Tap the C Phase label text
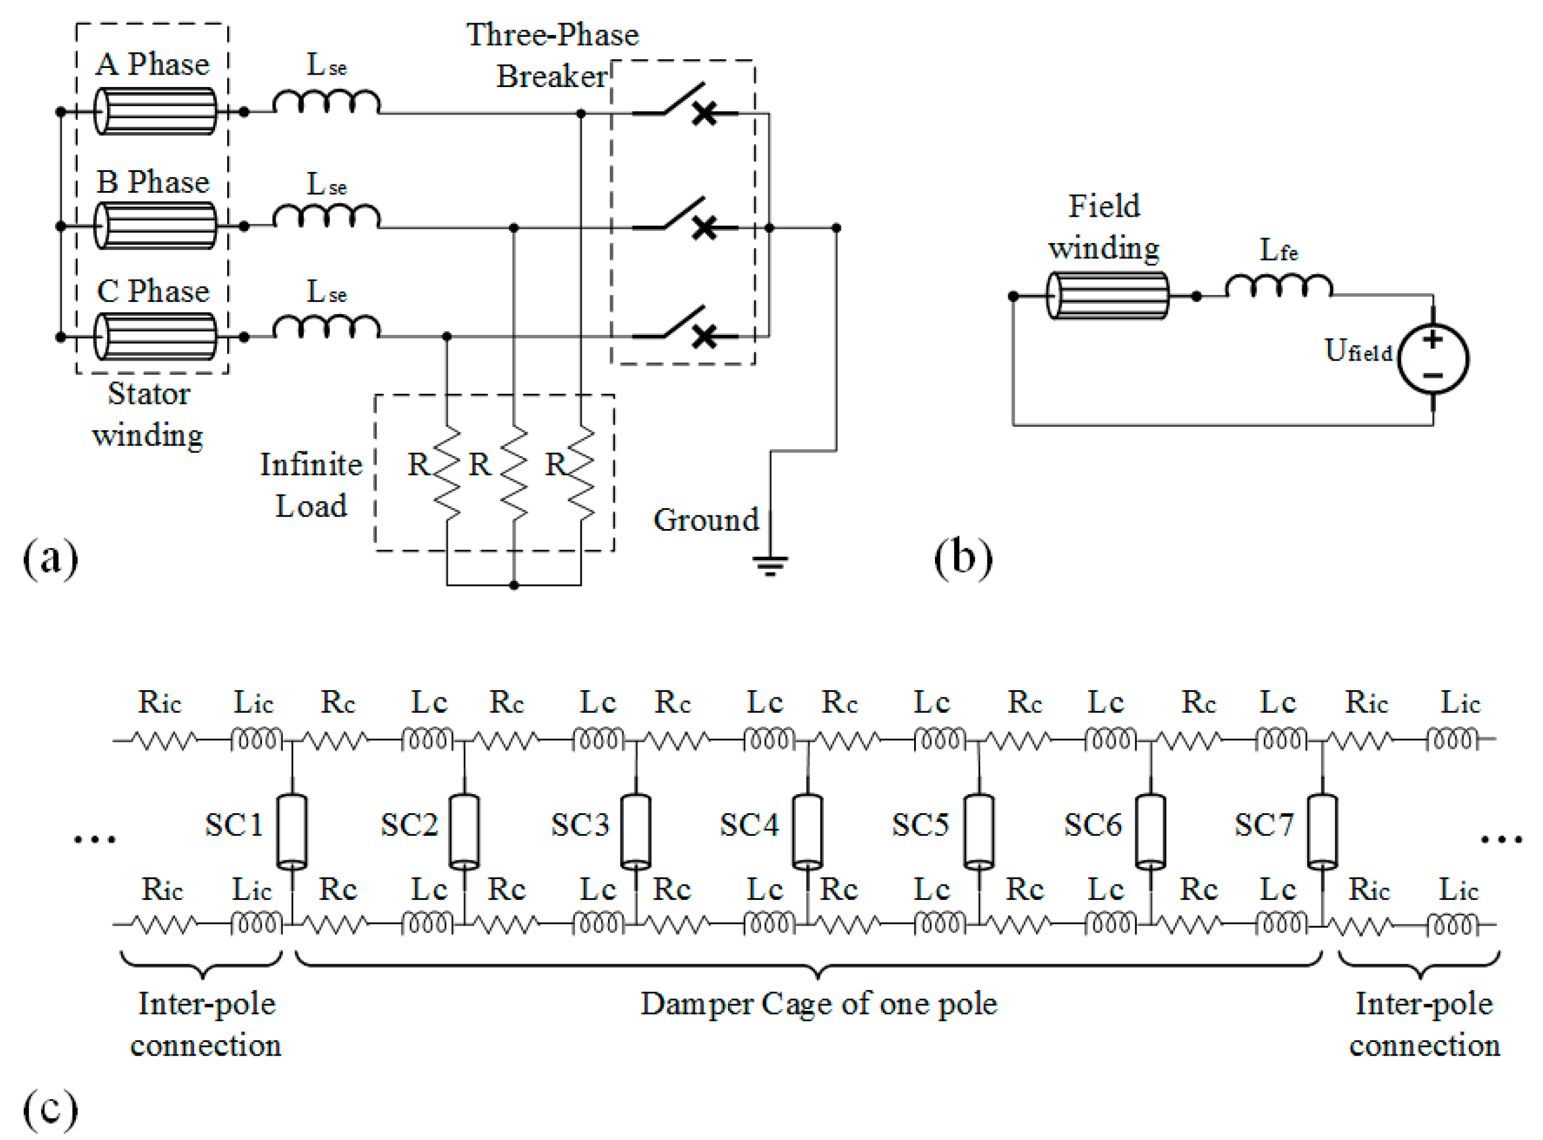(152, 291)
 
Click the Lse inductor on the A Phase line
(326, 102)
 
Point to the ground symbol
(770, 564)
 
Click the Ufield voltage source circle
(1433, 359)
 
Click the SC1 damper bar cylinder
(292, 831)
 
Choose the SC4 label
(749, 825)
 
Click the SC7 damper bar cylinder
(1322, 831)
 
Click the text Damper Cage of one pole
(819, 1004)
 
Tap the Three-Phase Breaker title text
(552, 55)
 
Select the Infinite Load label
(311, 485)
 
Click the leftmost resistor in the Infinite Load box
(447, 473)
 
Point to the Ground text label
(705, 520)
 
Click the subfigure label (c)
(50, 1108)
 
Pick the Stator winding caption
(148, 414)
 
